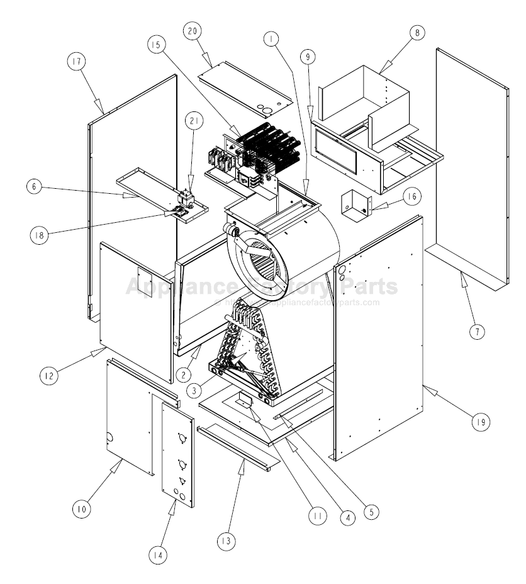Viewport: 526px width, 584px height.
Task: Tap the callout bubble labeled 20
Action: pyautogui.click(x=194, y=31)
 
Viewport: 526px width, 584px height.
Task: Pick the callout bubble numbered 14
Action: pyautogui.click(x=160, y=556)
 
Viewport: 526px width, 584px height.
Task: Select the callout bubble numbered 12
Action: pyautogui.click(x=49, y=376)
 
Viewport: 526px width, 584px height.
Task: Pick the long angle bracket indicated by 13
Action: pyautogui.click(x=237, y=446)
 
